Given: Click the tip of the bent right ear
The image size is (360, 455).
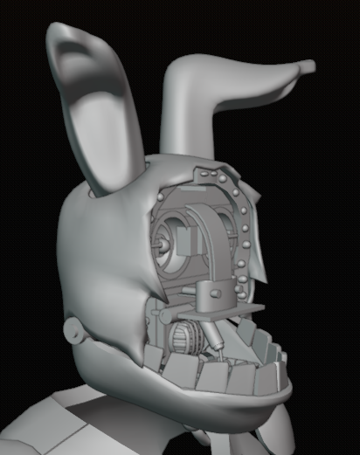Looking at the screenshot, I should tap(307, 65).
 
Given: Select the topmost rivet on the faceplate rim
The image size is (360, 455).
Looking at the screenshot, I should tap(208, 167).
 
